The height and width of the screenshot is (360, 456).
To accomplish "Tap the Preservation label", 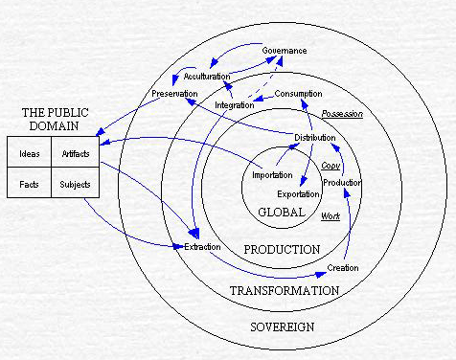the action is point(173,93).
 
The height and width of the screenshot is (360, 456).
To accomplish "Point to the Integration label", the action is point(235,103).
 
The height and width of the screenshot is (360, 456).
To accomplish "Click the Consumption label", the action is point(298,93).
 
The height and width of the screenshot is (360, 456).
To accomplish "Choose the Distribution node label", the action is point(314,138).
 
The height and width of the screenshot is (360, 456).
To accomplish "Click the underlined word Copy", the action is point(331,165).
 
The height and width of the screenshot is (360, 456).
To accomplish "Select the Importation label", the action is point(272,175).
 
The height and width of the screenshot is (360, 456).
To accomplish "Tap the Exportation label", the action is point(298,194).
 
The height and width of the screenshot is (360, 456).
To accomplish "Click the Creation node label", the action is point(342,267).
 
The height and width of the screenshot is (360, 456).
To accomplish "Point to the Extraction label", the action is point(201,246).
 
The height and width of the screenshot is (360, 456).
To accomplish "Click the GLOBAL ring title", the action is point(282,212).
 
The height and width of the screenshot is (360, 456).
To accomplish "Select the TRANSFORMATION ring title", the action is point(284,290).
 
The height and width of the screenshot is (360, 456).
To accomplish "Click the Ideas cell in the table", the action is point(30,154).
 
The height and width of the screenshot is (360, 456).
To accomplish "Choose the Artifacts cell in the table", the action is point(76,154).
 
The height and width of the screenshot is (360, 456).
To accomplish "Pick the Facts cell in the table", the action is point(30,183).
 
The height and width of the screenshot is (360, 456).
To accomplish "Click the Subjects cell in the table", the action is point(76,183).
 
